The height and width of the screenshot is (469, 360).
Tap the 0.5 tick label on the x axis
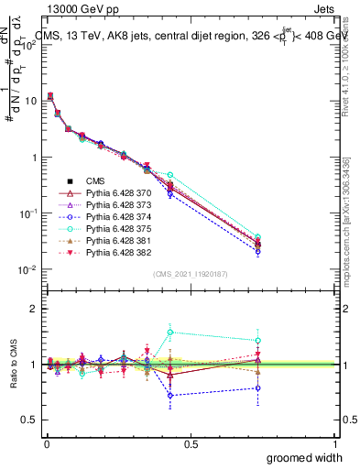click(191, 444)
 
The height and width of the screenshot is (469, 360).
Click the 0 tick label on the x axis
click(47, 444)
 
